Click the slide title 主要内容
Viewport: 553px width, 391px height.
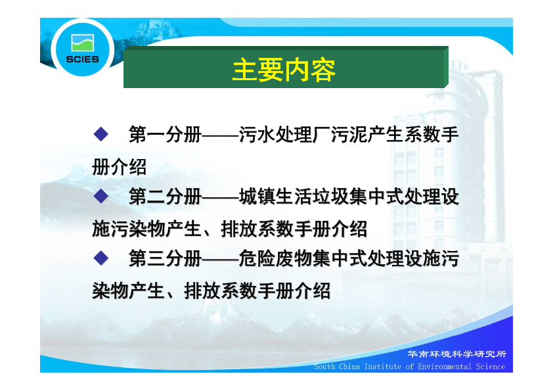click(x=284, y=70)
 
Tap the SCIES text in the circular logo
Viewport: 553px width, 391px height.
click(x=83, y=59)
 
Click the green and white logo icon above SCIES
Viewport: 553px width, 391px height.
click(x=83, y=43)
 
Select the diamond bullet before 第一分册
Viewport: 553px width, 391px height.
click(x=101, y=134)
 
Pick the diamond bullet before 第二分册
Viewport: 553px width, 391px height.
click(x=101, y=196)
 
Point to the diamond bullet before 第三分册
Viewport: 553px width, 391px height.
click(x=101, y=258)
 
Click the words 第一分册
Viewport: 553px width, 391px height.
click(x=165, y=135)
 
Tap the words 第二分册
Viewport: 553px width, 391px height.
click(x=165, y=196)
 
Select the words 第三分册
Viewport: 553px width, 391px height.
click(x=165, y=258)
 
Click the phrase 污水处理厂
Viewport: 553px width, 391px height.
click(x=284, y=135)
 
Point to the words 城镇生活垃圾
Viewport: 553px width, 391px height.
click(x=294, y=196)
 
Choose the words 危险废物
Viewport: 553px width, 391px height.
click(x=275, y=258)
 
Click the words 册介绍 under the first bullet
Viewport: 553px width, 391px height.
click(x=120, y=167)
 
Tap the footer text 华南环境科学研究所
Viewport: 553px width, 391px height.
click(x=457, y=354)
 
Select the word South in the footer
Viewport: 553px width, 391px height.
click(x=324, y=367)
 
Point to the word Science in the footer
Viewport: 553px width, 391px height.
click(x=491, y=367)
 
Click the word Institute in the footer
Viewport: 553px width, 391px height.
click(x=382, y=367)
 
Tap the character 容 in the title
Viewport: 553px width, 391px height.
click(x=323, y=70)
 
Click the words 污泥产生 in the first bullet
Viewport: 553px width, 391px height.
click(x=367, y=135)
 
